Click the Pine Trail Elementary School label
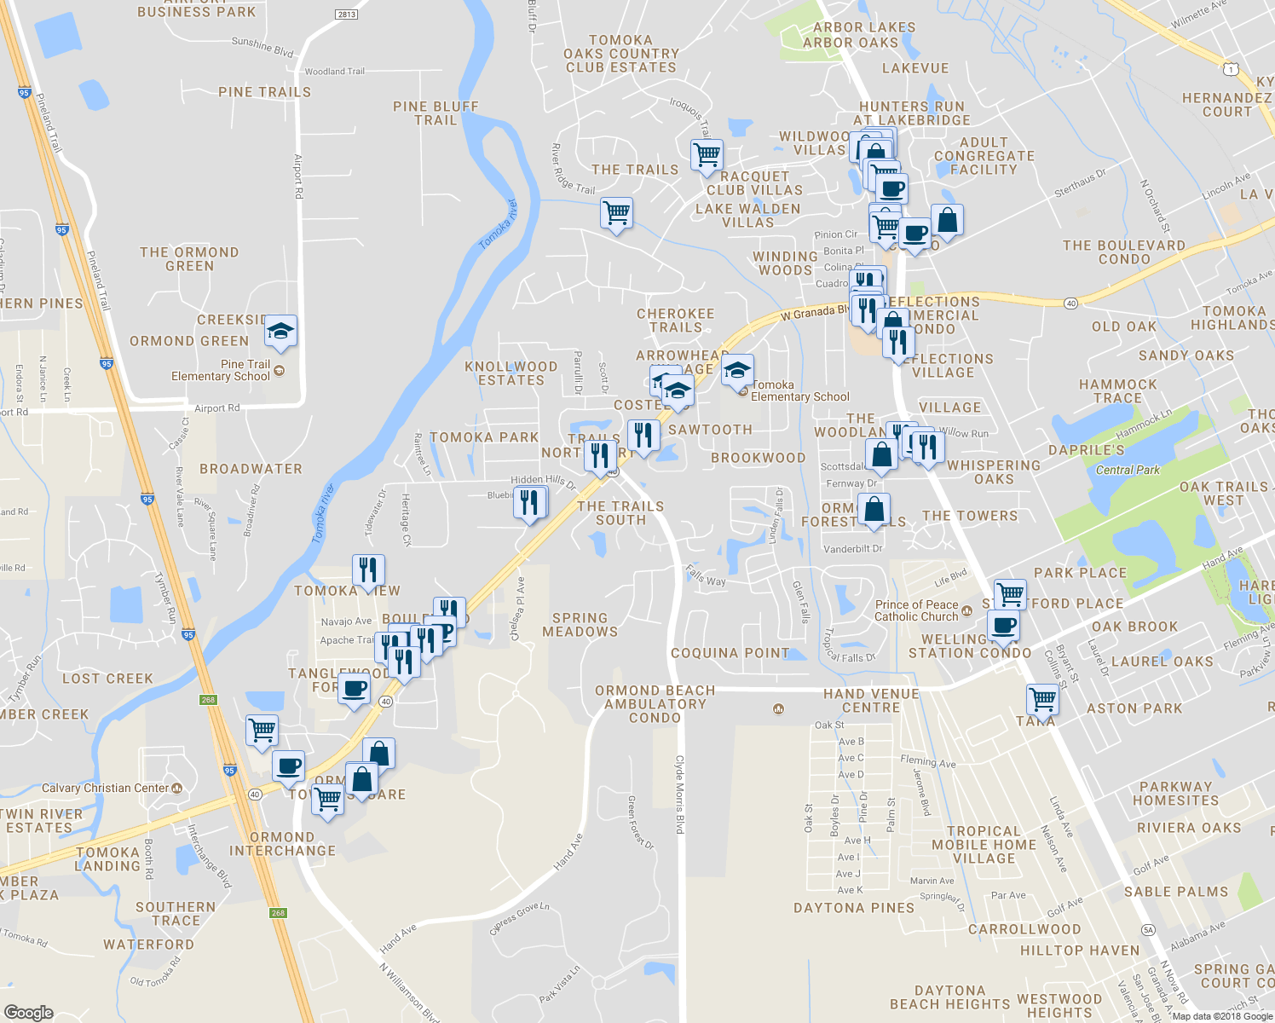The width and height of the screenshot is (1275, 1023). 221,370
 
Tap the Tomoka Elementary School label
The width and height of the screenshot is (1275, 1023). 799,390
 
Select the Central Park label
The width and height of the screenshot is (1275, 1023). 1128,470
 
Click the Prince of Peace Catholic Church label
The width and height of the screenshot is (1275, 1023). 916,610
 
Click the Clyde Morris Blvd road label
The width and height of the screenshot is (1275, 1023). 680,794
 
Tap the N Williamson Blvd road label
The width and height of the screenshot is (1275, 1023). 410,993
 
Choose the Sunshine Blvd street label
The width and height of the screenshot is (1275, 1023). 262,46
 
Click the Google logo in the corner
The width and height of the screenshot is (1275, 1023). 28,1012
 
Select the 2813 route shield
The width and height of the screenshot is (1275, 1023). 346,14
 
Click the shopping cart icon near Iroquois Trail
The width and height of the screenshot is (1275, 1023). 707,155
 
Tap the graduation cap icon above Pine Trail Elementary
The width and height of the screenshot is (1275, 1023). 280,330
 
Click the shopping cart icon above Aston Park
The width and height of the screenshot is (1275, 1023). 1042,699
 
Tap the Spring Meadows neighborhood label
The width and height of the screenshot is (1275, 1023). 580,625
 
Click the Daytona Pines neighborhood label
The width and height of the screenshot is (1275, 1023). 853,908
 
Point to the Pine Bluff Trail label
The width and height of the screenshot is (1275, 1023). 436,113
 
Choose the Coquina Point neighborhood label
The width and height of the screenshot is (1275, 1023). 730,653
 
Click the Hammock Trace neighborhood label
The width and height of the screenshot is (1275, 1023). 1117,391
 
